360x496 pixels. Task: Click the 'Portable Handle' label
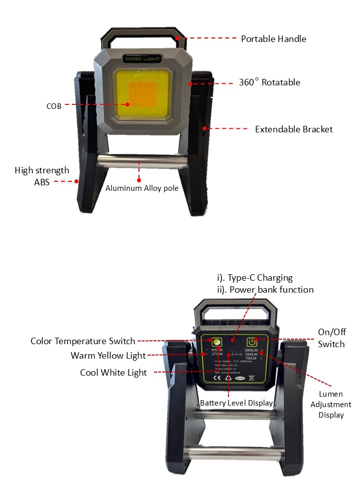(x=273, y=38)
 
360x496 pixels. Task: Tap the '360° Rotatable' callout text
(x=269, y=82)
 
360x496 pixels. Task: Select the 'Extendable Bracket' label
(x=293, y=129)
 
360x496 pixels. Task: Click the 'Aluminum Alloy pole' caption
(x=142, y=188)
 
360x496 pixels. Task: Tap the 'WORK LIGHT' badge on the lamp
(x=142, y=59)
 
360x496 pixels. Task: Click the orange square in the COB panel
(x=143, y=93)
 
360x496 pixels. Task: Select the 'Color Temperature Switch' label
(x=83, y=341)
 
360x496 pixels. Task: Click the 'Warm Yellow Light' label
(x=108, y=356)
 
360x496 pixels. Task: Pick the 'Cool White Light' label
(x=113, y=373)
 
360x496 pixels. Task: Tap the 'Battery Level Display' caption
(x=236, y=403)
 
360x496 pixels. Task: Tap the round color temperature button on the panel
(x=217, y=342)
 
